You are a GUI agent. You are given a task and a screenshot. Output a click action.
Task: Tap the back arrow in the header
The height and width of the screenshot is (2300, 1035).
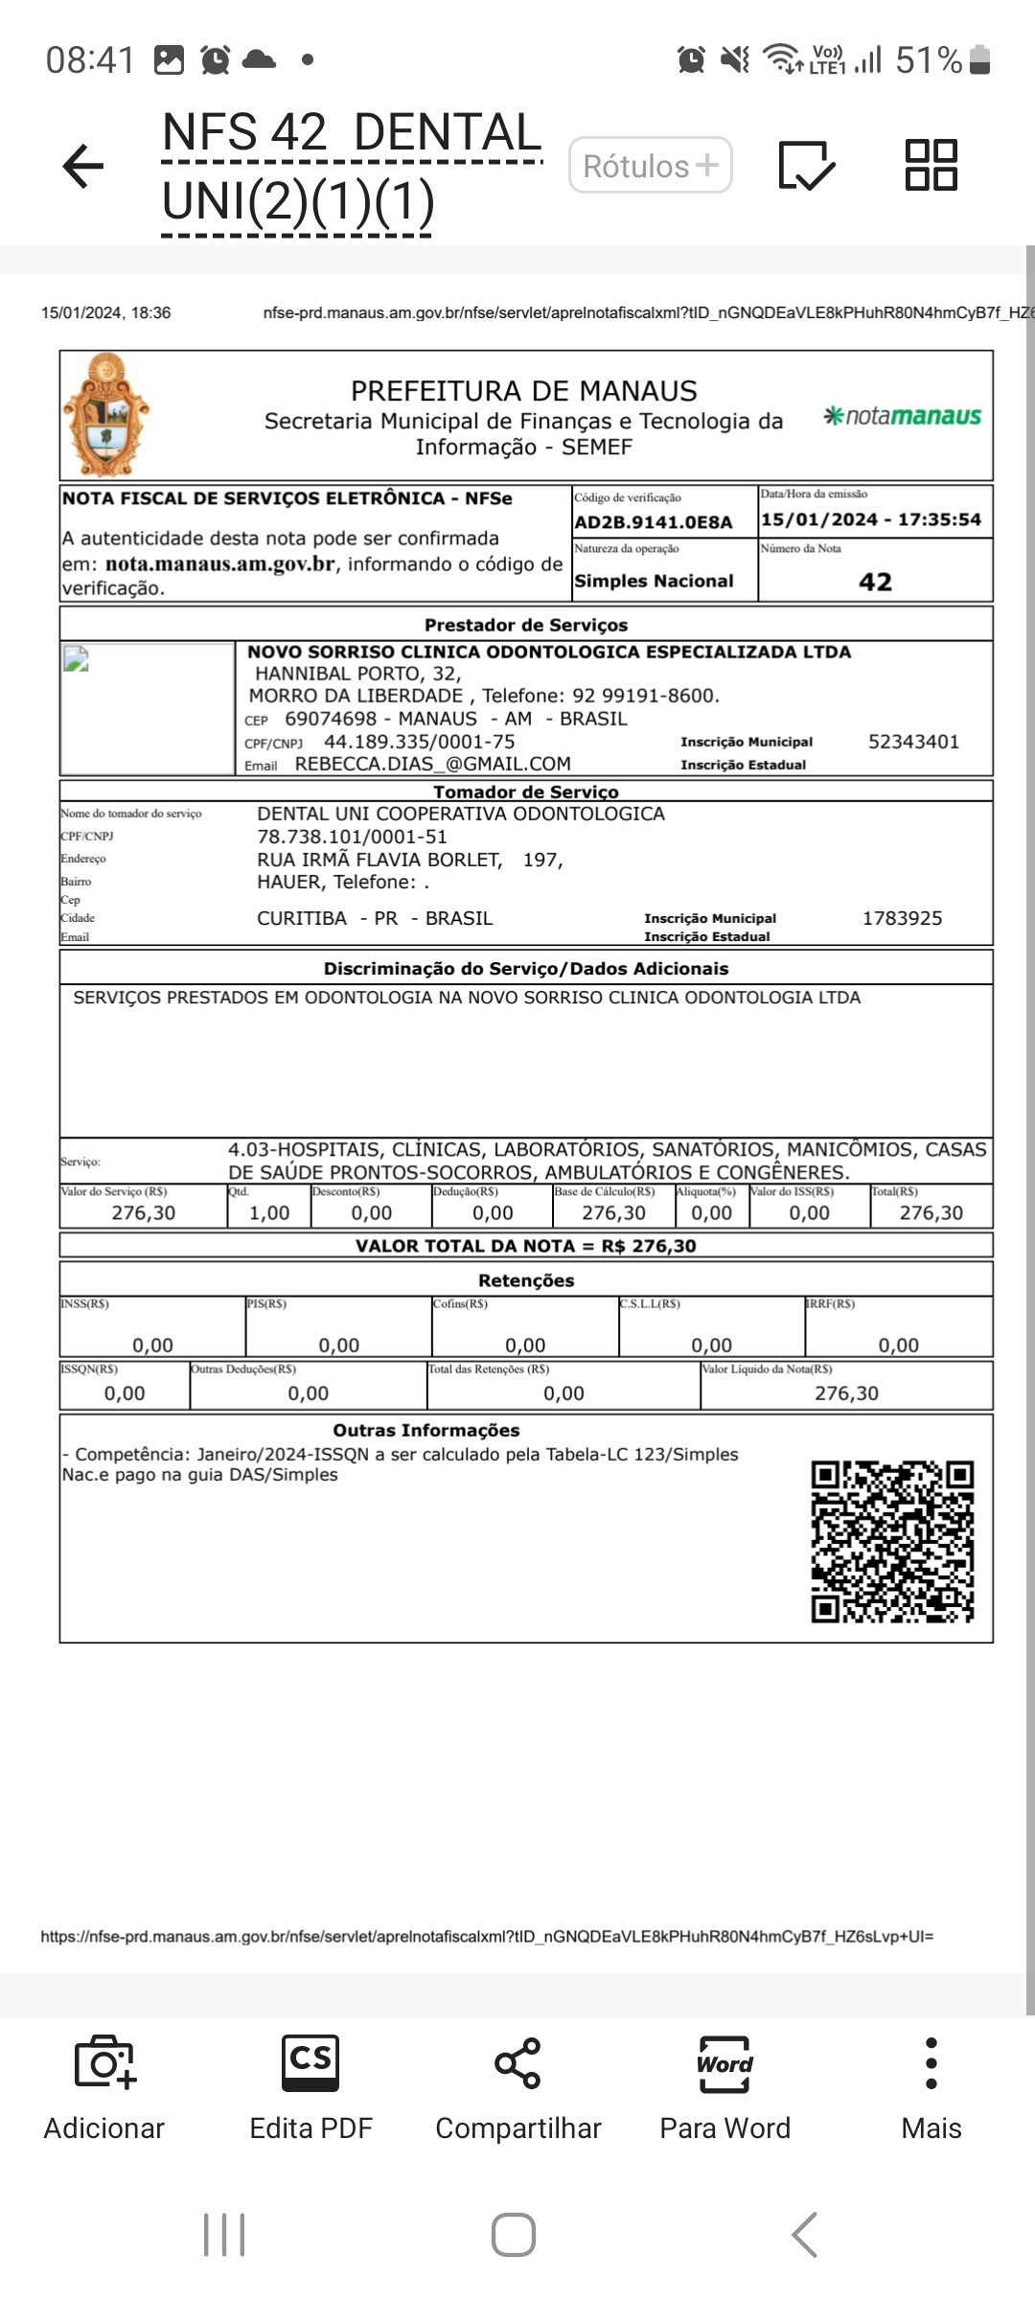(83, 166)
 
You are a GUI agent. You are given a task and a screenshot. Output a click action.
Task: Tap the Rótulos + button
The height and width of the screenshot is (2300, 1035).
(651, 166)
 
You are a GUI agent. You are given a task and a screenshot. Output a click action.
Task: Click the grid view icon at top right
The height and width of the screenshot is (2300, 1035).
(931, 165)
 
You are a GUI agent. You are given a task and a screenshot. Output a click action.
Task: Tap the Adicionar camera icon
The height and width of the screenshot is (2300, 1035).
(104, 2062)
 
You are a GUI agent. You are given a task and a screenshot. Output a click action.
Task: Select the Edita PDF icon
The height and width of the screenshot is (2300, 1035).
(310, 2062)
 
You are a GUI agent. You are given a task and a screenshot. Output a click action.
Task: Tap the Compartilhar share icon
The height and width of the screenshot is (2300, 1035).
(517, 2062)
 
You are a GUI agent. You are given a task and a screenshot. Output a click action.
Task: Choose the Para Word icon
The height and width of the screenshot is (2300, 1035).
(724, 2062)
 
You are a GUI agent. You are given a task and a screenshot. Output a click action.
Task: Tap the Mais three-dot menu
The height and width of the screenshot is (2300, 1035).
(931, 2062)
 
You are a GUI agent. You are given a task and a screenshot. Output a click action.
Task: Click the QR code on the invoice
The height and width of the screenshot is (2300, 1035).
(892, 1541)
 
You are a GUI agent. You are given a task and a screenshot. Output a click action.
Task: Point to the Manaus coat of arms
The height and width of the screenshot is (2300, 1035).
(105, 415)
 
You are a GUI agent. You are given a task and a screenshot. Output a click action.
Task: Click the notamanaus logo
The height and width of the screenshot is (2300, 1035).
(903, 416)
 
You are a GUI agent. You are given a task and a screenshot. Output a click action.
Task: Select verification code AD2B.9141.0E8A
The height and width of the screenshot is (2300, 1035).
(653, 522)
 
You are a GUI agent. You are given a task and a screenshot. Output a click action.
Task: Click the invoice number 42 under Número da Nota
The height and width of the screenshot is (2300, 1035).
(875, 582)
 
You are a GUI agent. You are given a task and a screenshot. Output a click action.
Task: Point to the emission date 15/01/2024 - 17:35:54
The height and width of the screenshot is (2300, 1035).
(871, 519)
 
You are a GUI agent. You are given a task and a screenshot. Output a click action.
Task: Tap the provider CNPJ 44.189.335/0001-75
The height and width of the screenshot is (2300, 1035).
(419, 742)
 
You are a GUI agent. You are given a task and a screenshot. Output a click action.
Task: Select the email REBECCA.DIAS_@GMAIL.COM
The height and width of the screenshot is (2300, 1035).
(432, 764)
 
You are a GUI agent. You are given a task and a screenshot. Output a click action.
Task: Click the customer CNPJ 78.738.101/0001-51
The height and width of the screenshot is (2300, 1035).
(352, 837)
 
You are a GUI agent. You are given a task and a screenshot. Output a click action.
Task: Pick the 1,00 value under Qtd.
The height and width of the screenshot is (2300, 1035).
(269, 1212)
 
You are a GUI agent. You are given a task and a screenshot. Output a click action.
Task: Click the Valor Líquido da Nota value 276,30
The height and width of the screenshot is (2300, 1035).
(846, 1393)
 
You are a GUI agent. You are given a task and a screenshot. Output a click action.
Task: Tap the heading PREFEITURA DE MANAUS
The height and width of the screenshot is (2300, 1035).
(523, 391)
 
